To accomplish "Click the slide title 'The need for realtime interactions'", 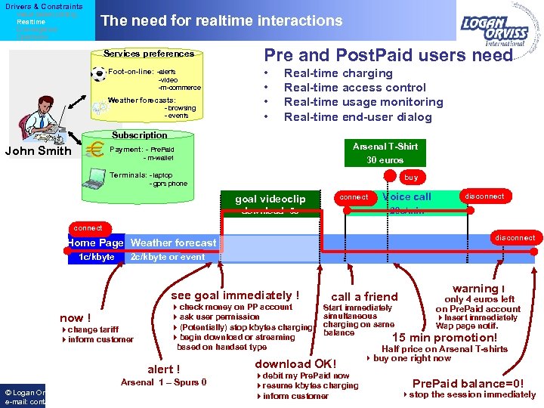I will click(x=221, y=21).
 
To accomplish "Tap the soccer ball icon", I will click(x=98, y=74).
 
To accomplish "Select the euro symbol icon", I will click(x=96, y=150).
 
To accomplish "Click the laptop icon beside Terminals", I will click(x=97, y=179).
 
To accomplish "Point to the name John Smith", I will click(x=38, y=150).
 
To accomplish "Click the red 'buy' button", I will click(x=411, y=178).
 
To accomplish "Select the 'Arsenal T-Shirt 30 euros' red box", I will click(x=385, y=153).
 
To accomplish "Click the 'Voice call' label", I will click(x=406, y=196).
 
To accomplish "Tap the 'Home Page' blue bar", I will click(x=95, y=243).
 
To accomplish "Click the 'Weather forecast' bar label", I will click(x=173, y=243).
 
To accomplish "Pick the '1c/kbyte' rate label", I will click(x=97, y=257).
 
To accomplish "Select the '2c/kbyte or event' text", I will click(x=168, y=257).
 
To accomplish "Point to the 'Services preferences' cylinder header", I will click(x=149, y=54).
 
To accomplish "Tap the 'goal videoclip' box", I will click(x=270, y=199).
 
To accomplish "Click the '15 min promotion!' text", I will click(x=444, y=337).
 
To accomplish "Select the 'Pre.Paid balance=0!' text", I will click(x=468, y=383).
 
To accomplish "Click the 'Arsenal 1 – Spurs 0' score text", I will click(x=164, y=382).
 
